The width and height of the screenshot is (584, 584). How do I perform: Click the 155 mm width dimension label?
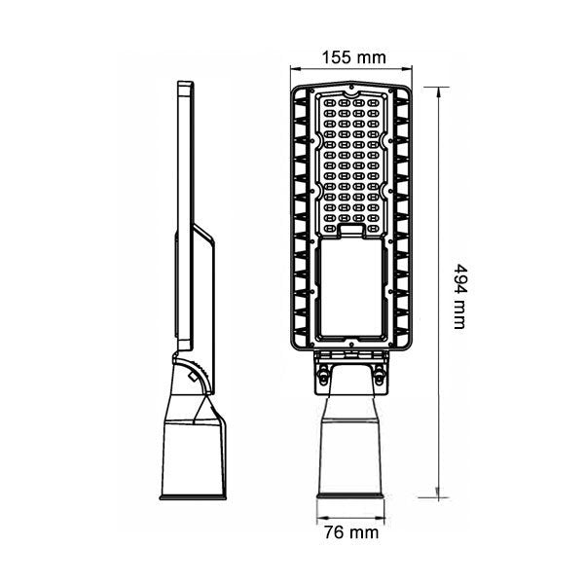353,57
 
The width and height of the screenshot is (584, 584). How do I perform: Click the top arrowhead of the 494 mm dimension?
440,91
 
